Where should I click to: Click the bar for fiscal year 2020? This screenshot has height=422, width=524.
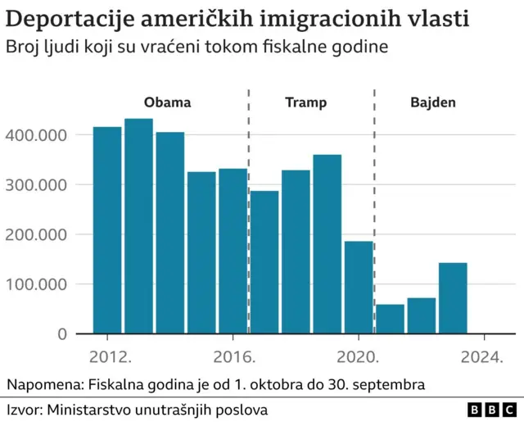[x=359, y=287]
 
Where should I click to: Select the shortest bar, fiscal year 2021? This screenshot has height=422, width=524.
[x=390, y=319]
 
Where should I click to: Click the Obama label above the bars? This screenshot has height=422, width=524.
[x=167, y=103]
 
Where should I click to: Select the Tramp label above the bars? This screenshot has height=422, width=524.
[x=305, y=103]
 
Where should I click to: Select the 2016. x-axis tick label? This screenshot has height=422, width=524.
[x=234, y=357]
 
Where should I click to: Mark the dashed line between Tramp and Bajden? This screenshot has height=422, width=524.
[x=374, y=205]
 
